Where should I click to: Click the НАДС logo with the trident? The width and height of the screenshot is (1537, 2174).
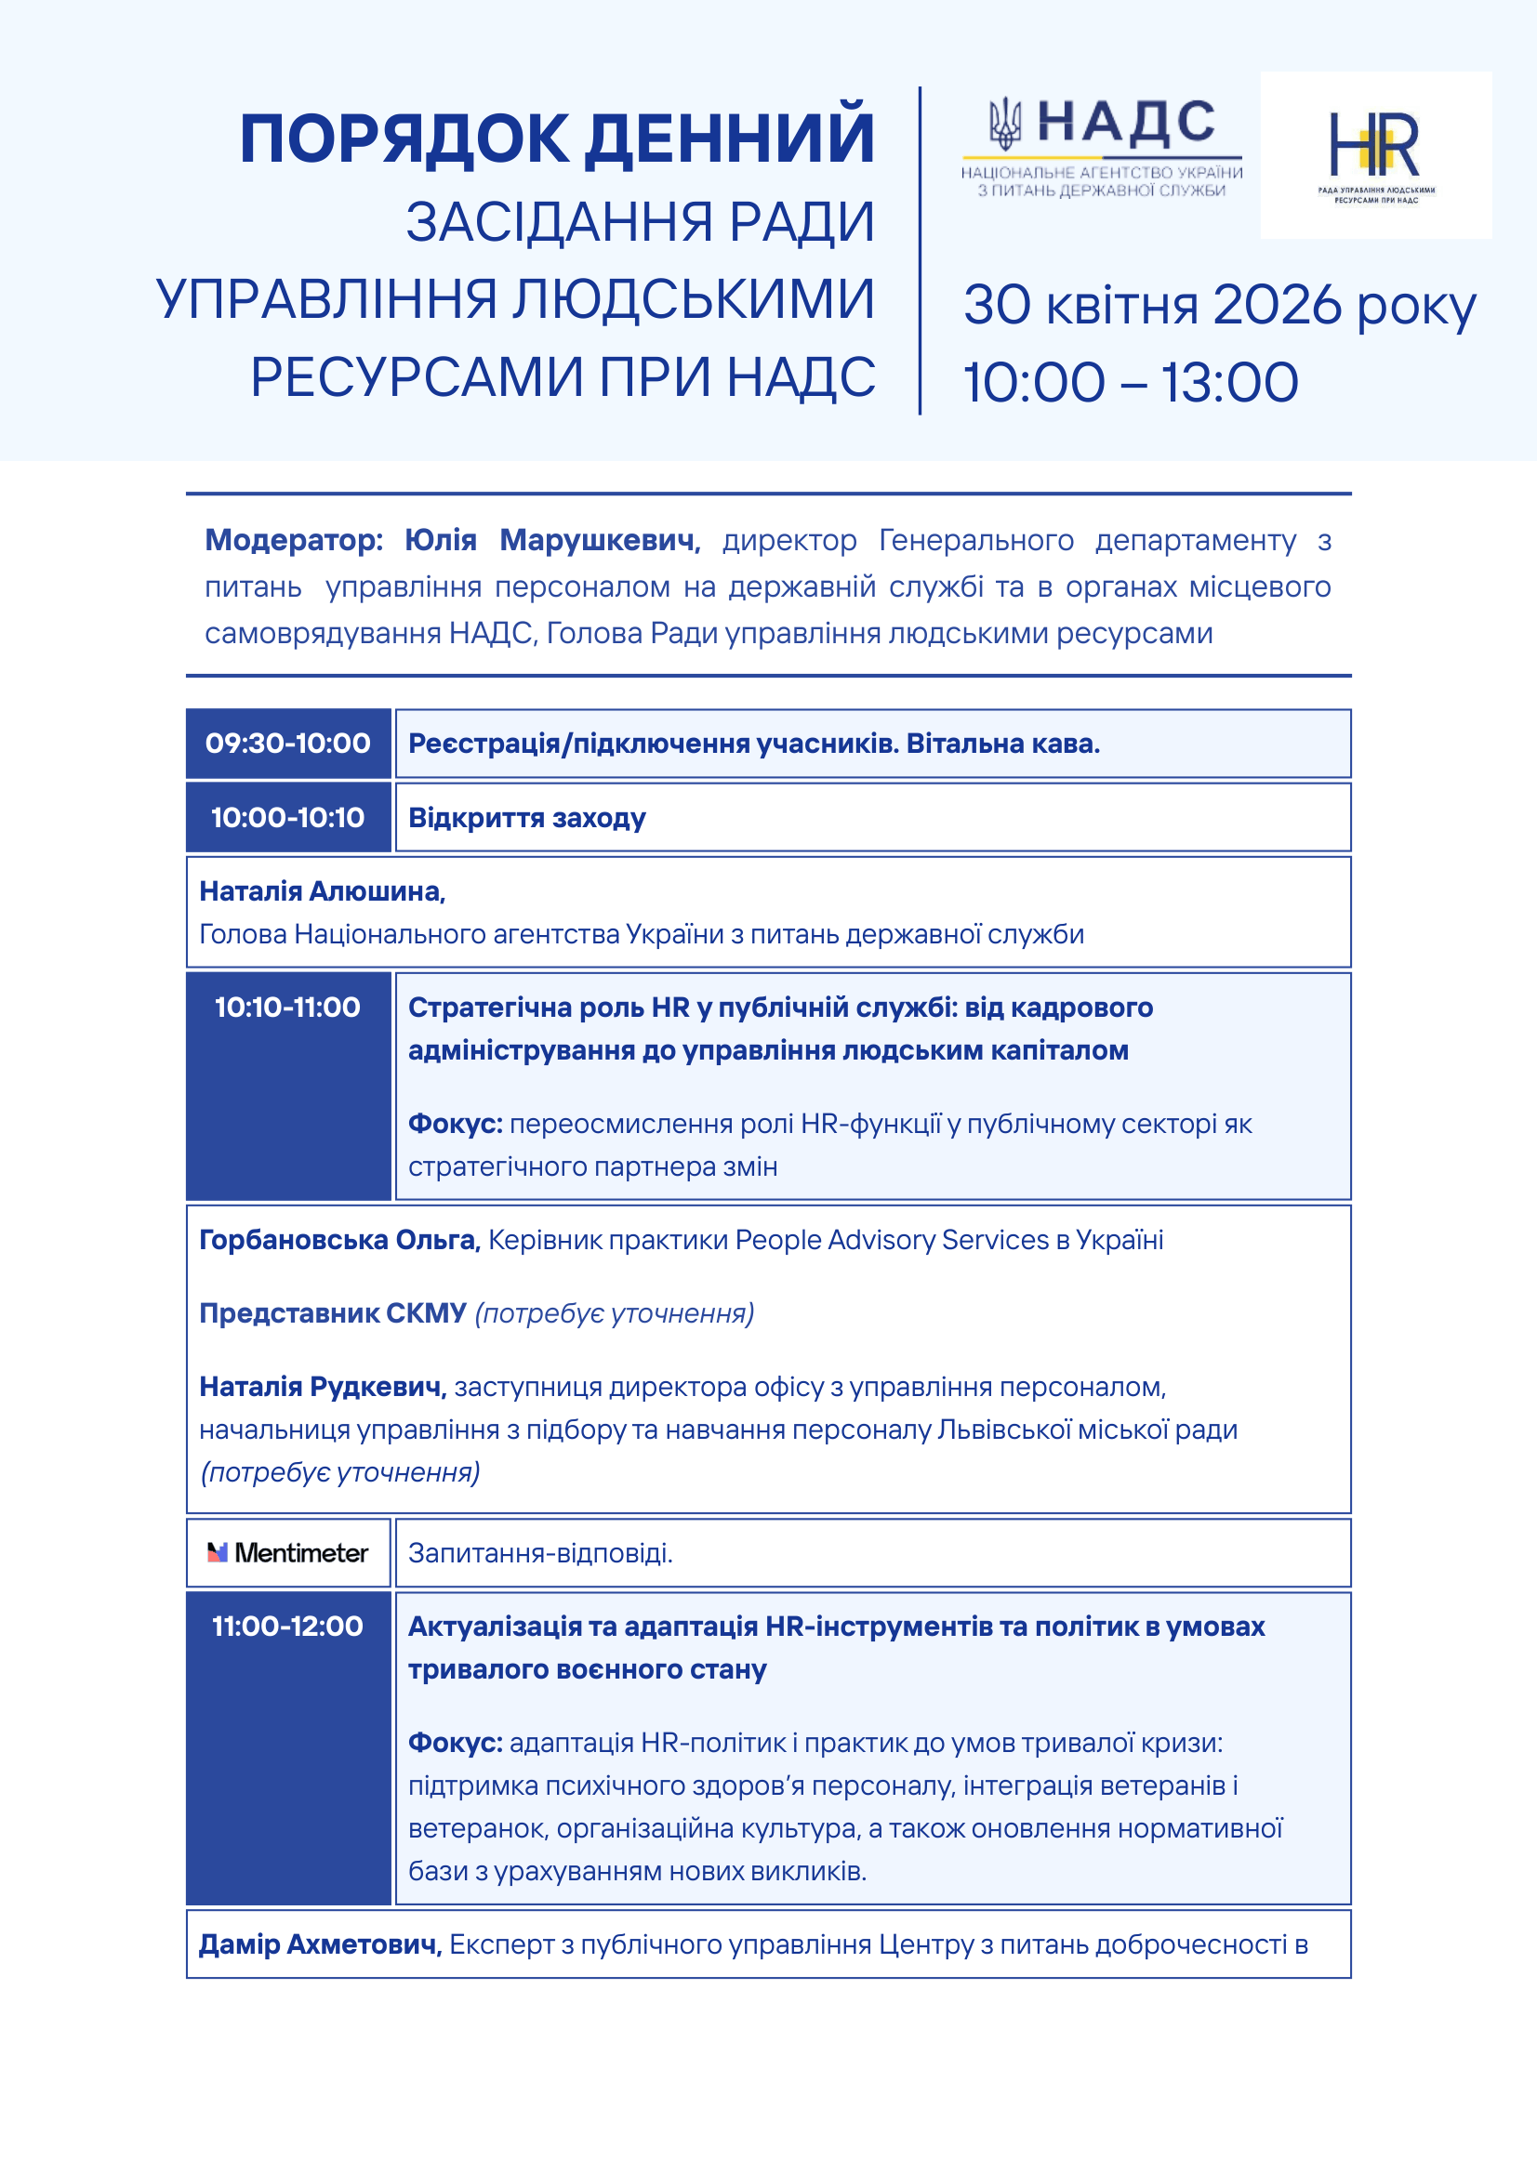tap(1101, 146)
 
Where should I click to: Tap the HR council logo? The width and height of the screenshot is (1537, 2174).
tap(1375, 154)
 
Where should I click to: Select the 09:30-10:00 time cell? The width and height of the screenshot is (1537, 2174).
tap(288, 744)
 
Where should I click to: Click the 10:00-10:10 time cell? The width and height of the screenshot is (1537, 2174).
tap(288, 817)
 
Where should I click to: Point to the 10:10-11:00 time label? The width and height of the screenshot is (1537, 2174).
tap(288, 1007)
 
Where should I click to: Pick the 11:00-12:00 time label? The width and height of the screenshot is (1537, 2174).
tap(288, 1626)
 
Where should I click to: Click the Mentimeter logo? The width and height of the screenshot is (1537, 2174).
tap(288, 1553)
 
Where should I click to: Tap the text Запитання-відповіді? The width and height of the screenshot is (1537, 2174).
tap(540, 1553)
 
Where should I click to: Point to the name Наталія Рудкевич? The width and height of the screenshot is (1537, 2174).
tap(322, 1386)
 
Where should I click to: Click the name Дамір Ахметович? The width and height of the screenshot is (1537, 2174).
tap(320, 1943)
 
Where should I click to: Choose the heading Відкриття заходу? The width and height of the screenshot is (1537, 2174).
tap(526, 817)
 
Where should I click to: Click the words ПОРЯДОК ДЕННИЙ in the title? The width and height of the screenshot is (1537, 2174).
tap(557, 139)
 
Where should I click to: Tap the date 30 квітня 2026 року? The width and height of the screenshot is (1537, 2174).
tap(1219, 305)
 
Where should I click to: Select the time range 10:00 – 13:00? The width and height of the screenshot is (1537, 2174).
tap(1131, 383)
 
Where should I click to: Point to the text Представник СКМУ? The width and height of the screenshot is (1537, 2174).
tap(332, 1313)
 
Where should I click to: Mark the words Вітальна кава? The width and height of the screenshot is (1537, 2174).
tap(1003, 744)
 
